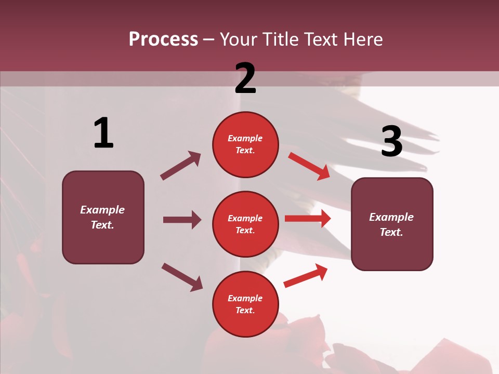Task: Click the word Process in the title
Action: [163, 39]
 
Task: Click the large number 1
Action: [103, 133]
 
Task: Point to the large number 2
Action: [245, 78]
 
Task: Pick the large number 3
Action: [391, 142]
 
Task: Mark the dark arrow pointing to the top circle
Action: [181, 166]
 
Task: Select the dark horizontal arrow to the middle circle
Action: [182, 220]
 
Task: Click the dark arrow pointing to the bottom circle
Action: [182, 277]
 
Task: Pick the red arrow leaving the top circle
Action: [309, 166]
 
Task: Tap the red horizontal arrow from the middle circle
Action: [308, 219]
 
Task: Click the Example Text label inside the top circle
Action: [245, 144]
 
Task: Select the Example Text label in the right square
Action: [391, 224]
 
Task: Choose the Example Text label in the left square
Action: [102, 217]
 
